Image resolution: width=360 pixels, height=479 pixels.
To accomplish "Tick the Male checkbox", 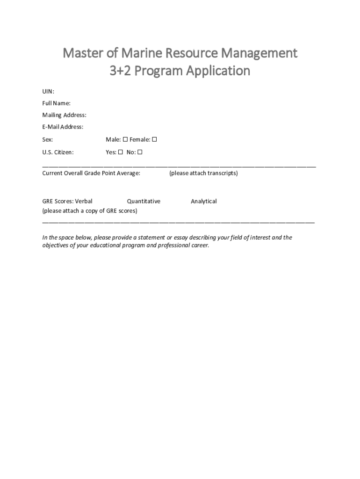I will pyautogui.click(x=125, y=139).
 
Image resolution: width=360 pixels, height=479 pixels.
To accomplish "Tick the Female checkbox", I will pyautogui.click(x=155, y=139).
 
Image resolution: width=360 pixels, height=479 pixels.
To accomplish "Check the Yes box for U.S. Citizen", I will pyautogui.click(x=120, y=152).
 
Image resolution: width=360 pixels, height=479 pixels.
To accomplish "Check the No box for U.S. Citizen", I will pyautogui.click(x=140, y=152).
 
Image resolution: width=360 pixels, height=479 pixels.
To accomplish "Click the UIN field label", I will pyautogui.click(x=48, y=91).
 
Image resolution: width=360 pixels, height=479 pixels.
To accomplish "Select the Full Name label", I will pyautogui.click(x=57, y=103).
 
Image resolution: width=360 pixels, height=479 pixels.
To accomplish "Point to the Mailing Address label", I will pyautogui.click(x=64, y=115).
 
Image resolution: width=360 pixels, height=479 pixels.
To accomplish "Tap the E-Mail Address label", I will pyautogui.click(x=63, y=127).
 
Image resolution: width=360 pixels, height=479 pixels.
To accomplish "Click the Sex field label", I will pyautogui.click(x=48, y=139).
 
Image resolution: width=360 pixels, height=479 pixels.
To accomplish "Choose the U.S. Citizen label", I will pyautogui.click(x=58, y=152).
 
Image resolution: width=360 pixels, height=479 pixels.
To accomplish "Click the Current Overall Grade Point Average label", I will pyautogui.click(x=91, y=173).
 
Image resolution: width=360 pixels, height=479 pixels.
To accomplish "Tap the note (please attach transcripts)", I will pyautogui.click(x=203, y=173).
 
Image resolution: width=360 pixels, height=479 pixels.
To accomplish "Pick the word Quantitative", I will pyautogui.click(x=144, y=201).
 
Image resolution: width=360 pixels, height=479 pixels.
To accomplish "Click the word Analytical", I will pyautogui.click(x=203, y=201).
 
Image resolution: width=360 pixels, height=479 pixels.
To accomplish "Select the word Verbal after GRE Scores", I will pyautogui.click(x=84, y=201).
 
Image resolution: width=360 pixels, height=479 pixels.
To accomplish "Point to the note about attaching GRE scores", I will pyautogui.click(x=90, y=211).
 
